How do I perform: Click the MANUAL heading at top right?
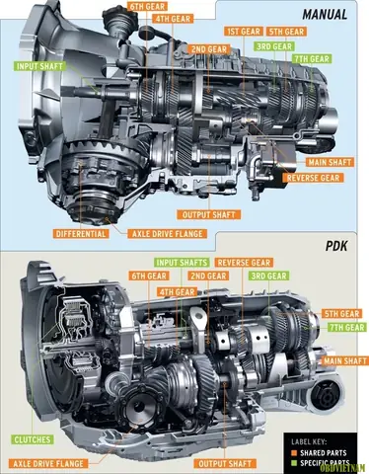[325, 15]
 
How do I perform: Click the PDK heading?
[336, 246]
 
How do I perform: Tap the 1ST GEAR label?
[244, 32]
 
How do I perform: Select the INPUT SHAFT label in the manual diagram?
[39, 66]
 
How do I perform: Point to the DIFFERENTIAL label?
[81, 234]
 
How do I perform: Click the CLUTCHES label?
[33, 439]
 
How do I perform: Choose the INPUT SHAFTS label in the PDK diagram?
[182, 263]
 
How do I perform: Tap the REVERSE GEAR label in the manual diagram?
[313, 178]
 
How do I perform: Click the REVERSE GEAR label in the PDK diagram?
[244, 263]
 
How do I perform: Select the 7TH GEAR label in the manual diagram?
[312, 59]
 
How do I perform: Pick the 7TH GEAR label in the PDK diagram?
[346, 327]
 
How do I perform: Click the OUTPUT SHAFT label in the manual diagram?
[209, 215]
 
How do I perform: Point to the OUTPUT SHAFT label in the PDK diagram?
[225, 463]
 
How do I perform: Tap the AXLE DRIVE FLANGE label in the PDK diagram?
[48, 463]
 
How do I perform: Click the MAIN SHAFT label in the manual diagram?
[330, 162]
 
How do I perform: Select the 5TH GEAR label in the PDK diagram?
[342, 313]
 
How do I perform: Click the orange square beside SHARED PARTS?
[294, 453]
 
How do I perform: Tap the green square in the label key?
[294, 463]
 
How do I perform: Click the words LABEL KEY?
[309, 441]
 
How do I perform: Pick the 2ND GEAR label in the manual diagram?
[209, 49]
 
